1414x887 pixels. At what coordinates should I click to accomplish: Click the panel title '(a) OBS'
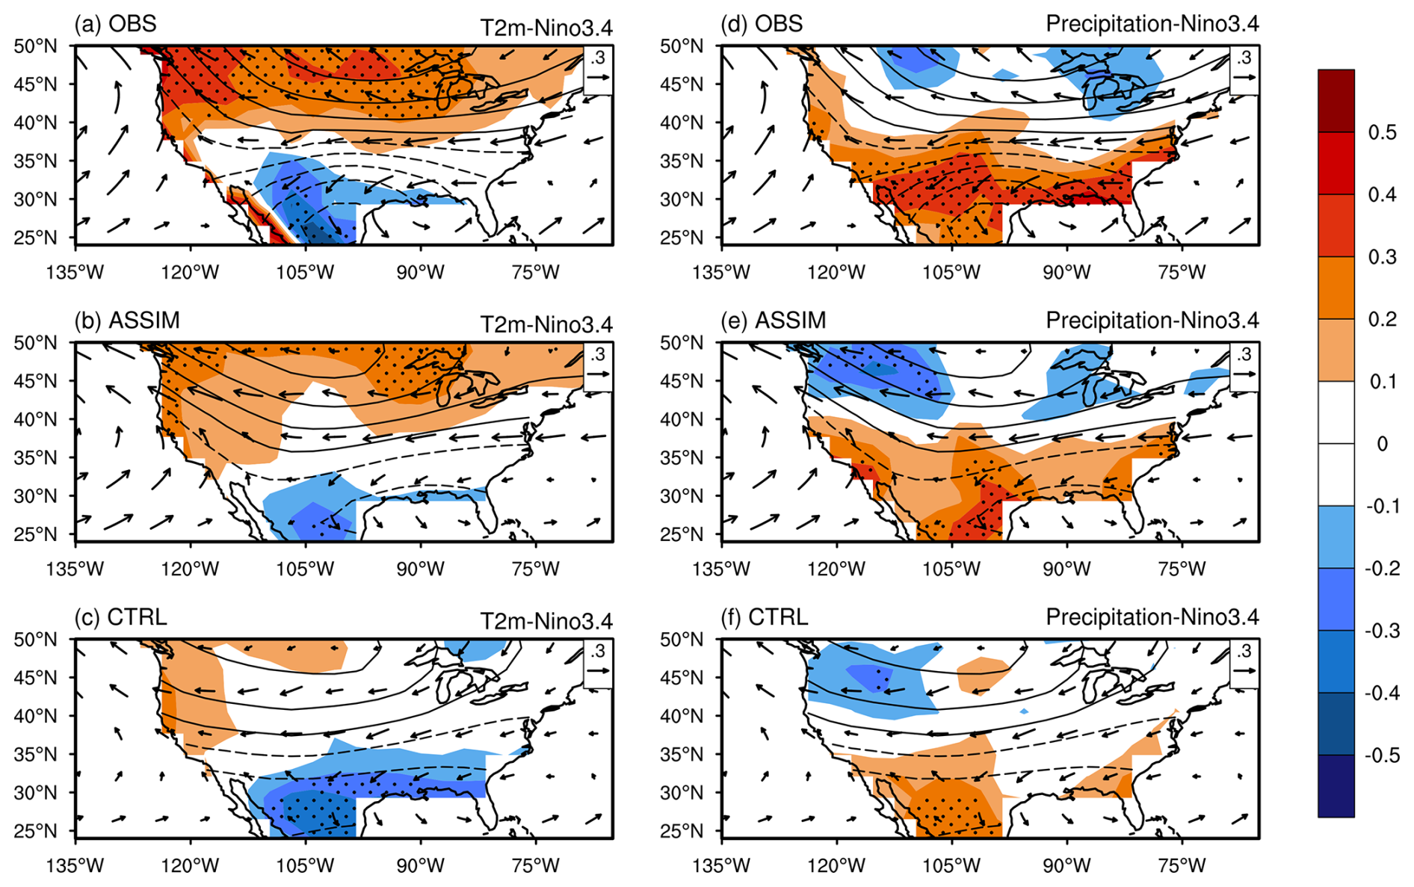(115, 24)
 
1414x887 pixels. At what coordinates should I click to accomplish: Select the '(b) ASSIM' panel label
(127, 321)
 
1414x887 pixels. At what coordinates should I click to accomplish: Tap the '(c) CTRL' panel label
(120, 617)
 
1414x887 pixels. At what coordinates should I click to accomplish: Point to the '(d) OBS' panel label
(762, 24)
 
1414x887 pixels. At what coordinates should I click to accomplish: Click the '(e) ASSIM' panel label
(774, 321)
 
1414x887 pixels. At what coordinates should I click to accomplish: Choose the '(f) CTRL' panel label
(765, 617)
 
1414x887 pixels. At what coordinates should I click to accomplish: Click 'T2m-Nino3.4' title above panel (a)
(546, 28)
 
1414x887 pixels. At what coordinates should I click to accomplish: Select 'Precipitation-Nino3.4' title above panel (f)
(1152, 617)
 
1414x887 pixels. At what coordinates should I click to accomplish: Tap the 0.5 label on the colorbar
(1382, 132)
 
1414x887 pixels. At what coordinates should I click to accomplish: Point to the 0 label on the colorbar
(1382, 444)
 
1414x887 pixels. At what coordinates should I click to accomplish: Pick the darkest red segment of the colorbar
(1336, 101)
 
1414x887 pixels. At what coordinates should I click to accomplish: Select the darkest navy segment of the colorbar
(1336, 786)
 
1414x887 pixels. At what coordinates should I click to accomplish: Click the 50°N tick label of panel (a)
(35, 46)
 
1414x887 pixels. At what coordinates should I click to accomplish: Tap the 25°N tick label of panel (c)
(35, 831)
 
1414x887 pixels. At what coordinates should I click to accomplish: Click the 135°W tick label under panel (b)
(75, 569)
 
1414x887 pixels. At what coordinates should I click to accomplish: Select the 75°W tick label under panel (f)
(1182, 866)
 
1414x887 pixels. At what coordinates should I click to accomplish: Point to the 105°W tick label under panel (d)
(951, 273)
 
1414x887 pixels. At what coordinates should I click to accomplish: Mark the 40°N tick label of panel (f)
(682, 716)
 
